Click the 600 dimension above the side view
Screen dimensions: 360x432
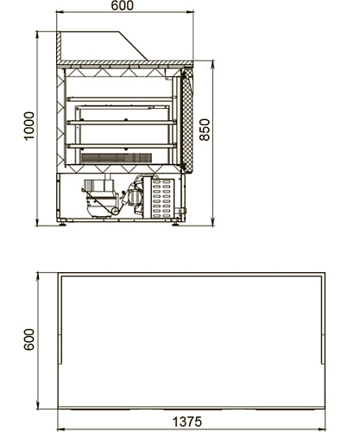click(x=123, y=5)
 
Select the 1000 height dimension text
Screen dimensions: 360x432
click(x=29, y=126)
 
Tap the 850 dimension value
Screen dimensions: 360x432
click(x=205, y=130)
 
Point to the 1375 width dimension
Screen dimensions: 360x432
click(x=187, y=422)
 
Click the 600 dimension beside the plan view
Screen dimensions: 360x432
click(x=28, y=340)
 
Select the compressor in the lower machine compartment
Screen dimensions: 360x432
click(x=100, y=198)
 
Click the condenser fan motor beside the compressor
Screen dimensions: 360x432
click(x=132, y=196)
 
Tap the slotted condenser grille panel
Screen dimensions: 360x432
click(x=162, y=198)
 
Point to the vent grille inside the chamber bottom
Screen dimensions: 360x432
click(x=117, y=158)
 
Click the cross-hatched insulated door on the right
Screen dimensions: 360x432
click(x=187, y=120)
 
